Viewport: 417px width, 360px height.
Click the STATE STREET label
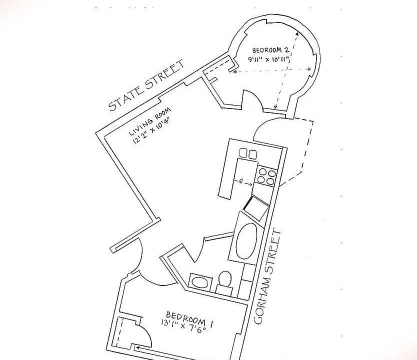146,85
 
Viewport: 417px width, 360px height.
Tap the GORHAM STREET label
267,277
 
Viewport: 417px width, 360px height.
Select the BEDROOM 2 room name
270,49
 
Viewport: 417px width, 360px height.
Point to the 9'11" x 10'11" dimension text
268,59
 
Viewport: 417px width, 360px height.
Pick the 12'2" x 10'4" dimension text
151,131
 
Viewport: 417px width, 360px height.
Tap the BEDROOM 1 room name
189,318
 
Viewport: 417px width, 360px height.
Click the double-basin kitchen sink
248,153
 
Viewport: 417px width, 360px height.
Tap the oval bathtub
246,241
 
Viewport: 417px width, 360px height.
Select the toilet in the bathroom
224,278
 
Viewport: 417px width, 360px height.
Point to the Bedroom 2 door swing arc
252,98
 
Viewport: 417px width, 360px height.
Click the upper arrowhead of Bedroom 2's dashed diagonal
297,34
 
